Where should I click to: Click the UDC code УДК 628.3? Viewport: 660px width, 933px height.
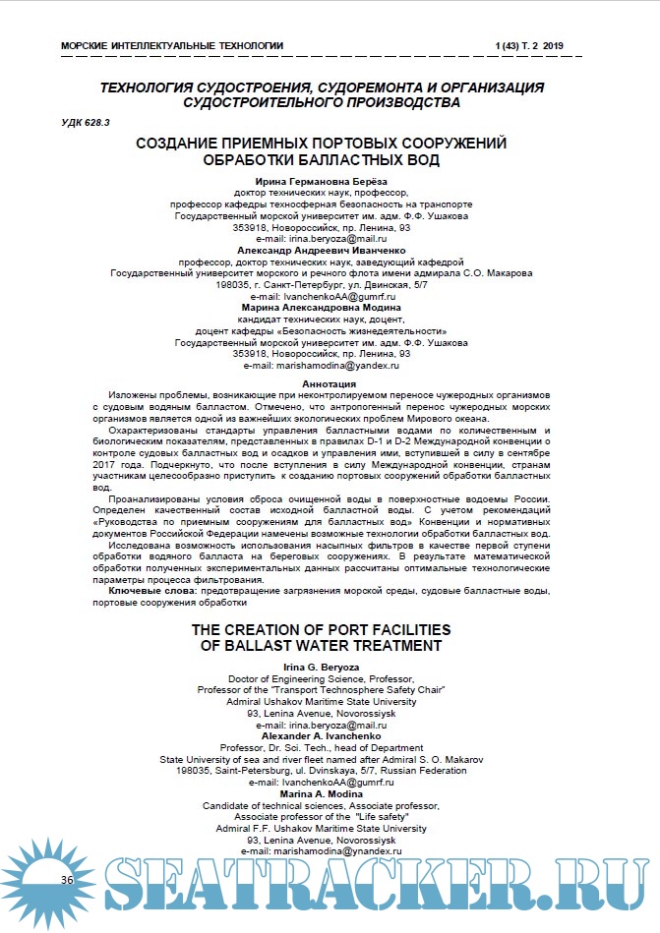(x=87, y=120)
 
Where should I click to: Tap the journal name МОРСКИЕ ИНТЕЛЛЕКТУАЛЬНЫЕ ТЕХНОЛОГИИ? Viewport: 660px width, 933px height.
(x=172, y=45)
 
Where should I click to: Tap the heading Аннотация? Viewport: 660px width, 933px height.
(x=330, y=383)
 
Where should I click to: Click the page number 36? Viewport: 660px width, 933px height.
(x=67, y=878)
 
